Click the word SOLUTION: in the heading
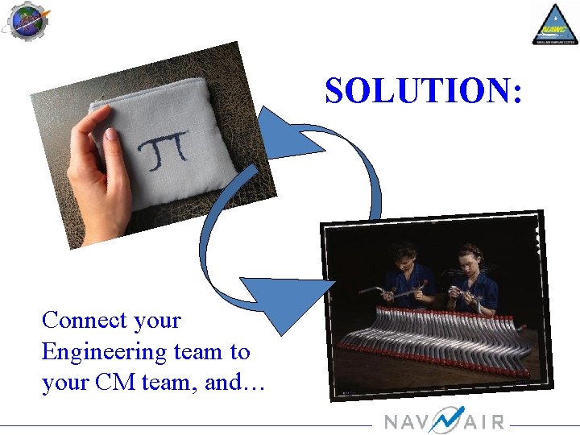coord(424,92)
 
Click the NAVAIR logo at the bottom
coord(444,420)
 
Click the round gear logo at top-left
coord(26,22)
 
